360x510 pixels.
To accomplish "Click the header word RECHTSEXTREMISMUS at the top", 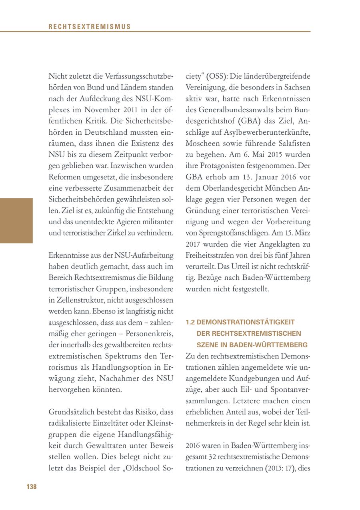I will point(89,27).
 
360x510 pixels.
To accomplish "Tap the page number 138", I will point(32,486).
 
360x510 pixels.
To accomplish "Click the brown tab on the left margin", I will point(16,221).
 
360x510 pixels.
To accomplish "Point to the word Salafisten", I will point(293,143).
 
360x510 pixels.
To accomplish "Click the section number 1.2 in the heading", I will point(190,322).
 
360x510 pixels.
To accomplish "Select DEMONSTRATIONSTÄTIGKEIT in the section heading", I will point(246,322).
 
